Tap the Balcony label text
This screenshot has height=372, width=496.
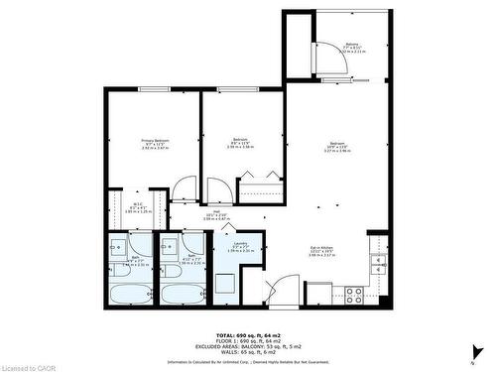[351, 47]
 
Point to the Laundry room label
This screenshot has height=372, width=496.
[240, 246]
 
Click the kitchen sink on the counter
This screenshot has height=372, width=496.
[377, 263]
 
